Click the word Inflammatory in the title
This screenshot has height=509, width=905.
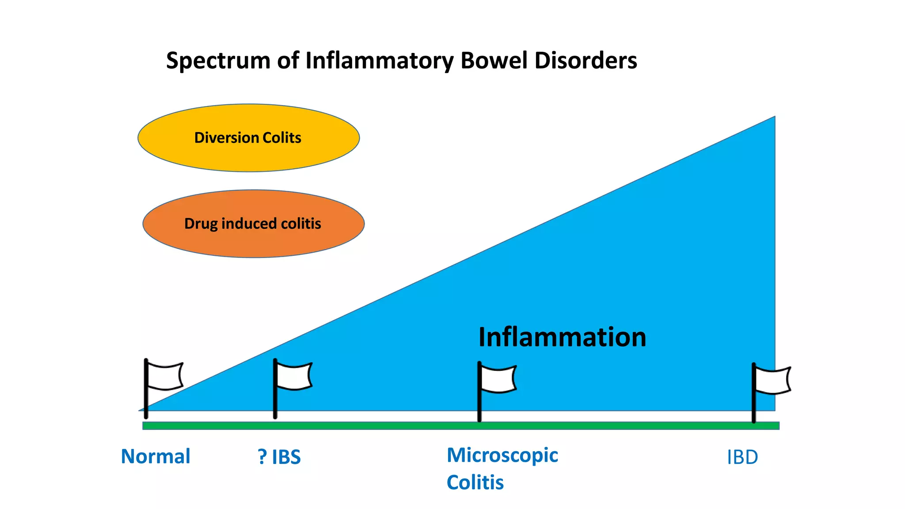(x=379, y=61)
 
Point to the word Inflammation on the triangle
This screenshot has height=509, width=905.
(x=562, y=337)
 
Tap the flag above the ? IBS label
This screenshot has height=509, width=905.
(x=293, y=376)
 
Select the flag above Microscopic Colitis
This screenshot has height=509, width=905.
(x=498, y=379)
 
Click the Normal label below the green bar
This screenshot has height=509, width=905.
(x=156, y=456)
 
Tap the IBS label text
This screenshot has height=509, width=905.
(x=286, y=457)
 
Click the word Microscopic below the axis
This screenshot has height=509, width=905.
(x=502, y=456)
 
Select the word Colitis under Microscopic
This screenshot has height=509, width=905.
(x=475, y=482)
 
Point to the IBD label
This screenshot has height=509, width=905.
(x=742, y=457)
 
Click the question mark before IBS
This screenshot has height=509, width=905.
(x=262, y=457)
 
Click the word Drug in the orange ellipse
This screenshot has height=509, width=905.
(x=201, y=224)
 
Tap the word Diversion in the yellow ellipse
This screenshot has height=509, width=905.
(x=226, y=138)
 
